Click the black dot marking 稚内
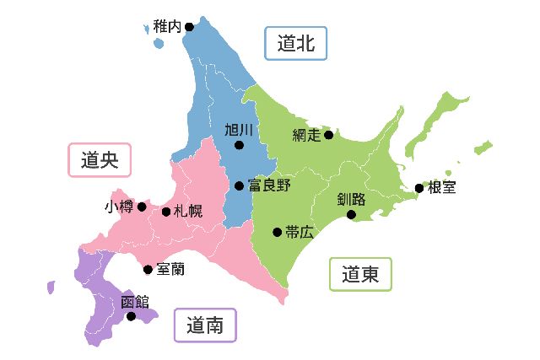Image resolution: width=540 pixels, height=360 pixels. tap(189, 27)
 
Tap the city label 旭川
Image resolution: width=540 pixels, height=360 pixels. tap(239, 130)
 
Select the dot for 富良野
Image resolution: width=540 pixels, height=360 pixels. tap(239, 185)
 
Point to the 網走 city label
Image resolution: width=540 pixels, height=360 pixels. tap(306, 135)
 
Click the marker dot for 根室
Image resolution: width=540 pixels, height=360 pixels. tap(419, 188)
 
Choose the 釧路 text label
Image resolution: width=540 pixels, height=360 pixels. tap(351, 200)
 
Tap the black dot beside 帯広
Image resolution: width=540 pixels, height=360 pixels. tap(277, 232)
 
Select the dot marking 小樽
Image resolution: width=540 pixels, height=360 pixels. tap(142, 207)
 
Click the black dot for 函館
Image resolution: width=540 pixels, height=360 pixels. tap(131, 316)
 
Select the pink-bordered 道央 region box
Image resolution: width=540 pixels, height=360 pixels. tap(100, 159)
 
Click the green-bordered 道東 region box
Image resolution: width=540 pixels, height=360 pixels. tap(360, 274)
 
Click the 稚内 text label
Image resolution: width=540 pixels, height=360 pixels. tap(167, 27)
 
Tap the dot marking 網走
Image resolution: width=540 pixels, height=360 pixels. tap(328, 135)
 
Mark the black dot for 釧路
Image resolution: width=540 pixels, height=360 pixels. tap(352, 214)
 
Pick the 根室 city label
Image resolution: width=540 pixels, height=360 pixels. tap(441, 188)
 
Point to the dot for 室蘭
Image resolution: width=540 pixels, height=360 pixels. tap(148, 270)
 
